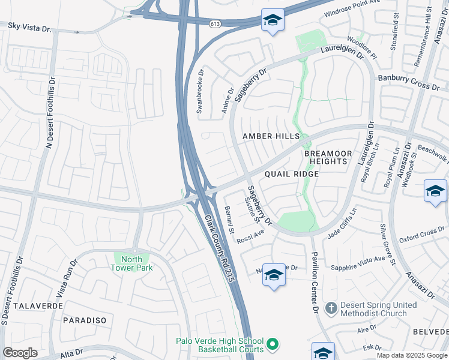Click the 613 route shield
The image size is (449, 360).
pos(215,23)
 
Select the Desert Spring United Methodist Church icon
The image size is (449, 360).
pos(330,308)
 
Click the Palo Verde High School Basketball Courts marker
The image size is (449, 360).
pos(273,344)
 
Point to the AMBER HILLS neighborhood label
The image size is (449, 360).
pos(271,137)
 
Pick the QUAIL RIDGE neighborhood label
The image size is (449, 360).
pos(290,174)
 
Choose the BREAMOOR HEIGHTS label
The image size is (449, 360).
pos(326,157)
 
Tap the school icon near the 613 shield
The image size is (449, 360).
pos(273,20)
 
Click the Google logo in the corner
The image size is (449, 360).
pos(20,353)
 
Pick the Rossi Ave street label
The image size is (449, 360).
pos(250,235)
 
